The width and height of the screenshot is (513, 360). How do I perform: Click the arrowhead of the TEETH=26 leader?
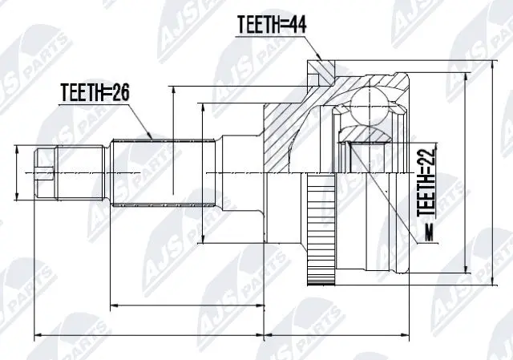click(x=152, y=136)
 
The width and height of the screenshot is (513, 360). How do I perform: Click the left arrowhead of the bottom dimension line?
click(x=36, y=334)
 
